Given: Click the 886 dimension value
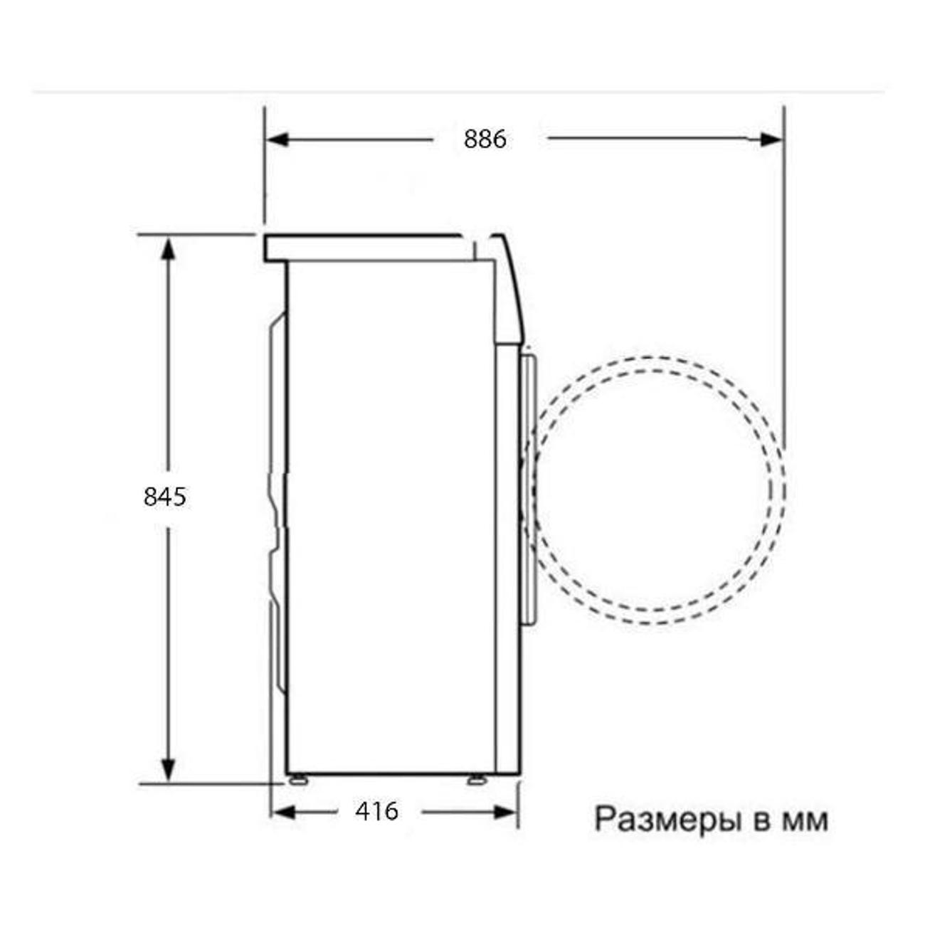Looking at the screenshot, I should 485,139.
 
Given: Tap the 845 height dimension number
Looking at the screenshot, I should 165,496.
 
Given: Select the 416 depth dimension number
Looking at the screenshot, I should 376,811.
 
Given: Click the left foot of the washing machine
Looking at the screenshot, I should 295,779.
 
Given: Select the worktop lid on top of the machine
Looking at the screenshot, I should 363,248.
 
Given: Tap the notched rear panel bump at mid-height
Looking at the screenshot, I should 276,498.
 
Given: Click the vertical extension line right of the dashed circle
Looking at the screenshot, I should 784,285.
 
